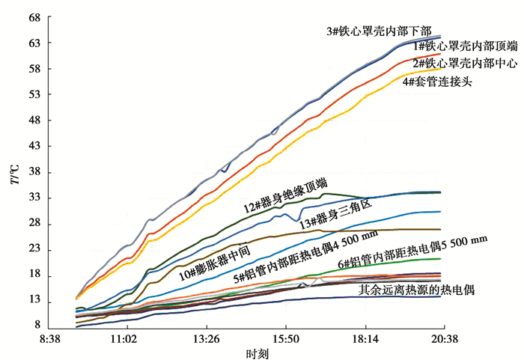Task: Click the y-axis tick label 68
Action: pos(33,16)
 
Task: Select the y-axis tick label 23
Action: pos(33,250)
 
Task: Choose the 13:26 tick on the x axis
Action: pos(207,339)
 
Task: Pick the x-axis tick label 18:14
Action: pos(365,339)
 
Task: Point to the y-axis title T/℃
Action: pos(13,179)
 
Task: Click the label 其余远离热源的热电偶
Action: pos(417,288)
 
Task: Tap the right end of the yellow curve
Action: pos(441,69)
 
